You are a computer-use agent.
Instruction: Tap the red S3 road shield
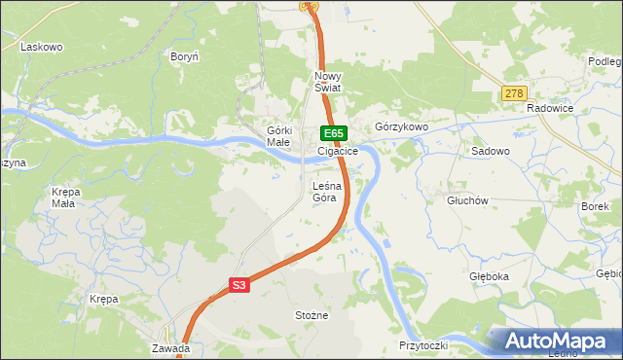coord(240,285)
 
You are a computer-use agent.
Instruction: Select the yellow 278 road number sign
coord(514,94)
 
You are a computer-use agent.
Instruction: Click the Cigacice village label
coord(338,152)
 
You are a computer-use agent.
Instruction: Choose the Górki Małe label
coord(279,136)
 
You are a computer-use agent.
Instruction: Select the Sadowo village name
coord(491,152)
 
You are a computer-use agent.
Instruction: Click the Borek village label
coord(594,207)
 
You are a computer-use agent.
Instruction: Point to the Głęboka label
coord(489,276)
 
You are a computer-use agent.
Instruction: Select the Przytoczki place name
coord(422,345)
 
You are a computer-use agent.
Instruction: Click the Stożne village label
coord(311,315)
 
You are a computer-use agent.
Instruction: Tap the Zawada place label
coord(170,347)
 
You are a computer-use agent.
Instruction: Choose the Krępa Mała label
coord(64,198)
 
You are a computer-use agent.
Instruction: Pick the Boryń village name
coord(184,57)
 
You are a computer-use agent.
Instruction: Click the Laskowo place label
coord(41,47)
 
